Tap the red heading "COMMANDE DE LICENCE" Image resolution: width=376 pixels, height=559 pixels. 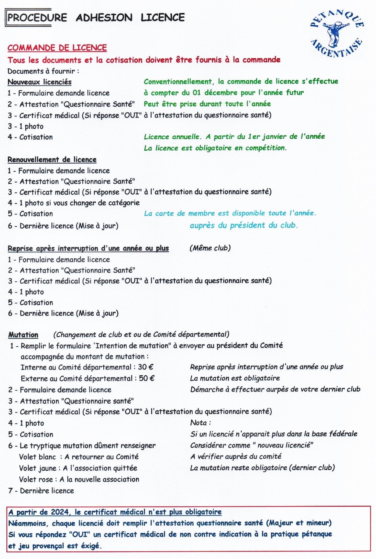coord(57,48)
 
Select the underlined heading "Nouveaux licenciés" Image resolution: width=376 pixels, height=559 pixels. coord(40,82)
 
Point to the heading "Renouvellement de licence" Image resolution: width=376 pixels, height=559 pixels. coord(52,160)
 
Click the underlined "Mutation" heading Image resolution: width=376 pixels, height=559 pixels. coord(23,335)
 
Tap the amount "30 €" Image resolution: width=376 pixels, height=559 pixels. coord(146,367)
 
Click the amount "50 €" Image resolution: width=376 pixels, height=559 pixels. coord(147,378)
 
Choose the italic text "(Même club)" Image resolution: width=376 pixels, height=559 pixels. coord(210,248)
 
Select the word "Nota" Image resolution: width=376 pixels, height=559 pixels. coord(198,423)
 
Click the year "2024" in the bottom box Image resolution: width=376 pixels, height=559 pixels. coord(60,512)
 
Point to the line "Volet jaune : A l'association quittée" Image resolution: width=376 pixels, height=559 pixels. coord(78,468)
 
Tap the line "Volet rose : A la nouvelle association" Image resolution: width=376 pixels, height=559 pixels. coord(79,479)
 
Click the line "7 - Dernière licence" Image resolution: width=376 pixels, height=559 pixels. coord(41,491)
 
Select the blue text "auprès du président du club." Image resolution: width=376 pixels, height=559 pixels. coord(244,225)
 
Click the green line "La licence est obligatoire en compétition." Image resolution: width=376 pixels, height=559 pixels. coord(215,148)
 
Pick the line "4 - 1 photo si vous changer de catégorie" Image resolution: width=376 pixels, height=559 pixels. coord(74,203)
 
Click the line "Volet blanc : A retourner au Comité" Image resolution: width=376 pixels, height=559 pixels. coord(79,457)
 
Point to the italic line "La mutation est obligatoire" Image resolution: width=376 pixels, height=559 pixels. coord(235,378)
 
